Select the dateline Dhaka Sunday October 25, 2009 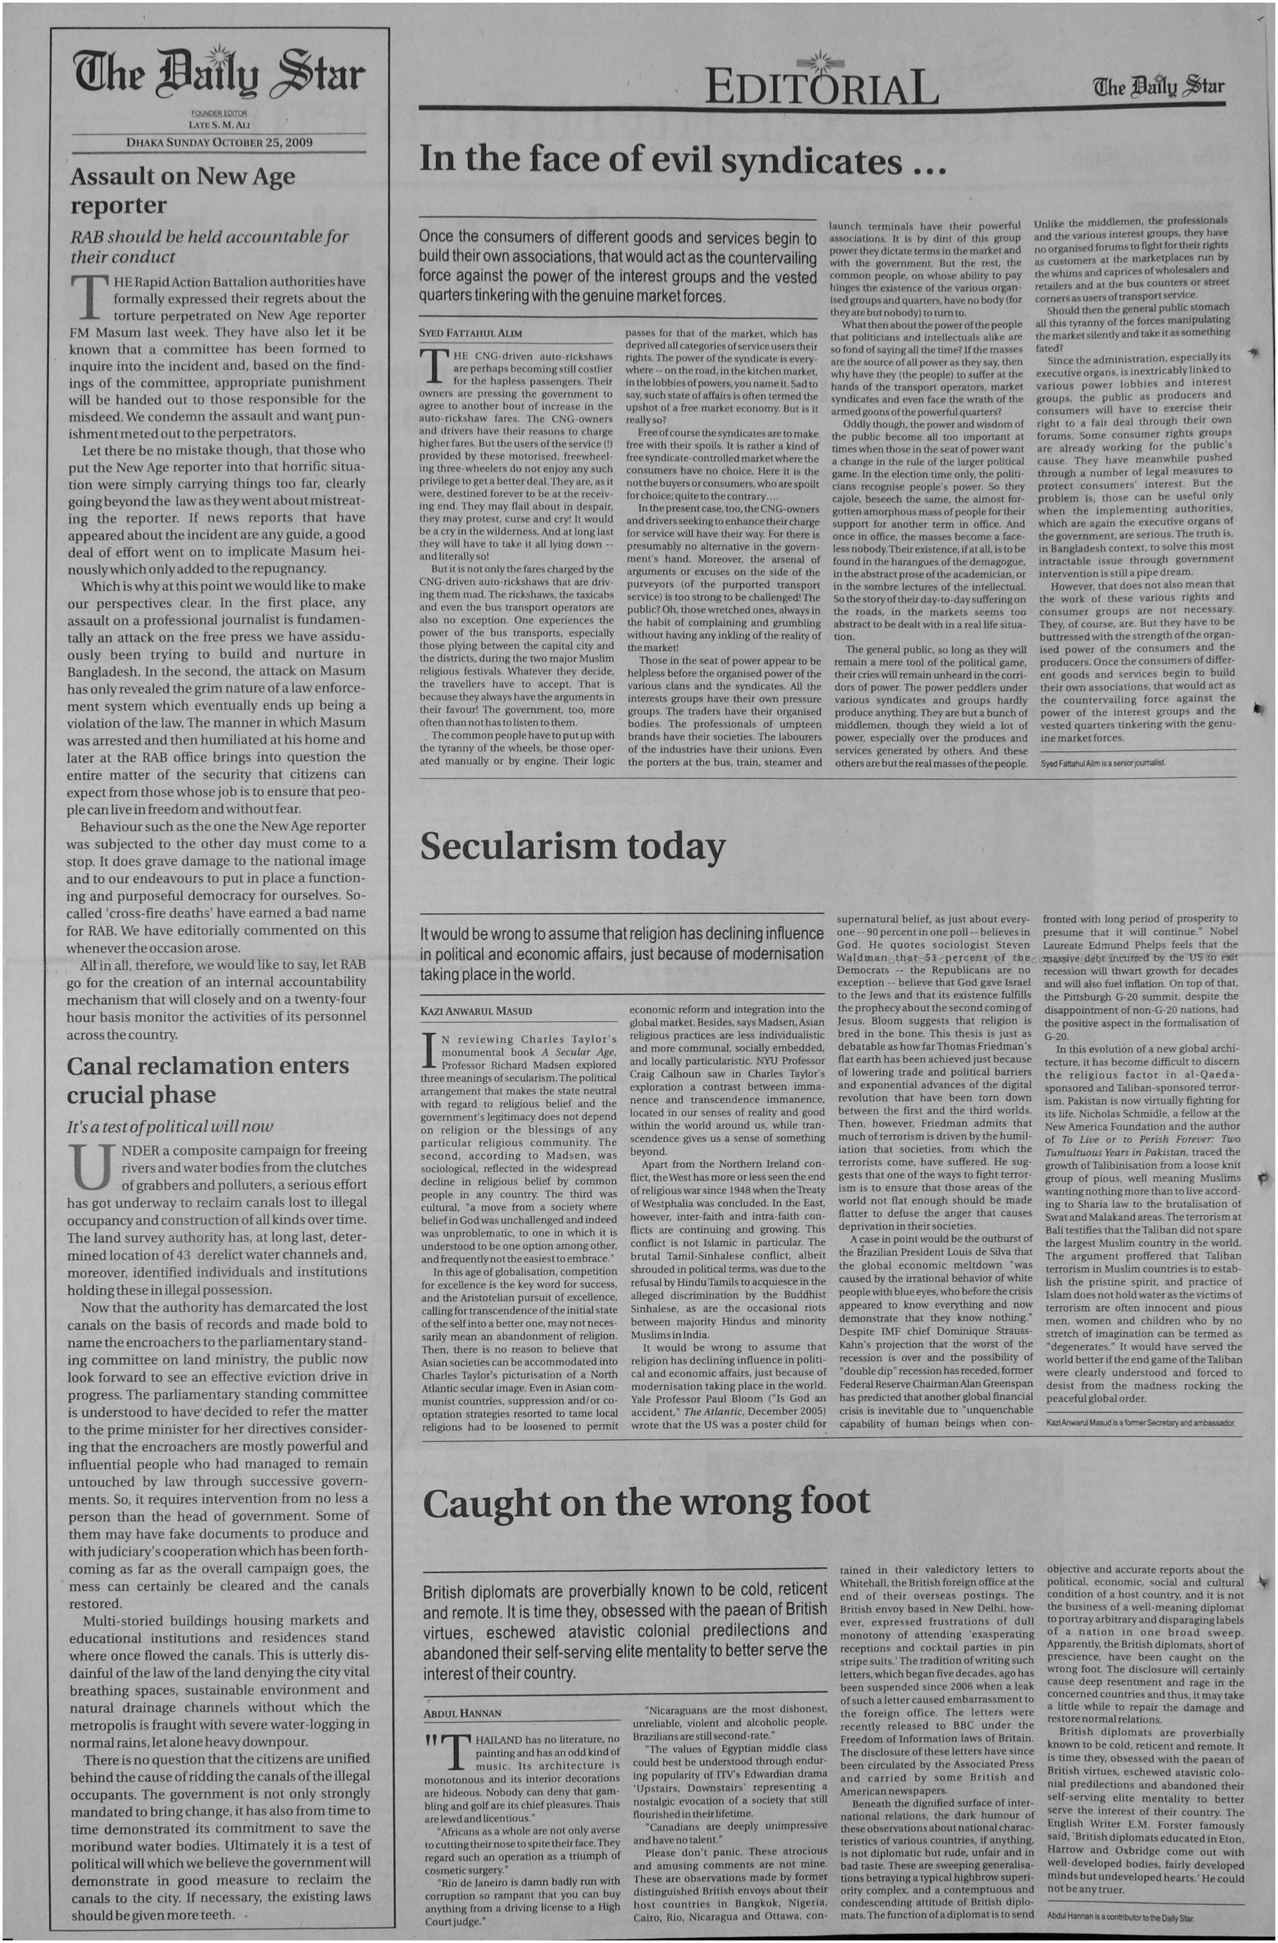(x=219, y=142)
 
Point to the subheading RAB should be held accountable (x=208, y=246)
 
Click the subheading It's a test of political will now (x=170, y=1127)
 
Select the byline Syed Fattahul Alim (x=470, y=333)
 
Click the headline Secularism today (x=572, y=847)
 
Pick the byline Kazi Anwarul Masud (x=475, y=1011)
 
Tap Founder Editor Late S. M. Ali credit (x=219, y=119)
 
